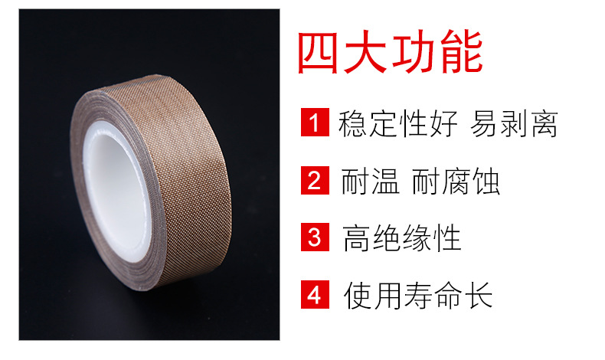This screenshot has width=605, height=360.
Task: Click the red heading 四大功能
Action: coord(390,52)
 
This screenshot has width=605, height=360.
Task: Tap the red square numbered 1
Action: coord(315,123)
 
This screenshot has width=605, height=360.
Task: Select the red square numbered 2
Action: coord(315,180)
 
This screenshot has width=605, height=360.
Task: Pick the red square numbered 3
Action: coord(315,237)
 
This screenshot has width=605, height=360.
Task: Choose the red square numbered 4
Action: coord(315,294)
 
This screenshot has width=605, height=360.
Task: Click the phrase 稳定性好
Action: coord(397,123)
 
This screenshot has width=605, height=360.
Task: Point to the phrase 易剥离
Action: coord(514,123)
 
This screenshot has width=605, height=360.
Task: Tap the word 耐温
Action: coord(370,181)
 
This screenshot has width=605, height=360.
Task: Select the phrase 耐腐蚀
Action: coord(456,181)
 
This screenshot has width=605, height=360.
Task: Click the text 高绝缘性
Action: coord(401,238)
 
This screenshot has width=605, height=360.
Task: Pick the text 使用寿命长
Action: coord(418,295)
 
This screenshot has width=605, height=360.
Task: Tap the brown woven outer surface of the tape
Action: coord(185,170)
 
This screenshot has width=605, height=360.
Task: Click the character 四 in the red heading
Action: coord(319,53)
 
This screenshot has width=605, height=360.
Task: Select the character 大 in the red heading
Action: coord(365,52)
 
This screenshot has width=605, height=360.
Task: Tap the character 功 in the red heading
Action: coord(414,52)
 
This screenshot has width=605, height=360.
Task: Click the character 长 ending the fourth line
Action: coord(479,295)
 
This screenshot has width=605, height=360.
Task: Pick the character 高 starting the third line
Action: coord(357,238)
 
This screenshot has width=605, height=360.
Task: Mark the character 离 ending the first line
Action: coord(544,123)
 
